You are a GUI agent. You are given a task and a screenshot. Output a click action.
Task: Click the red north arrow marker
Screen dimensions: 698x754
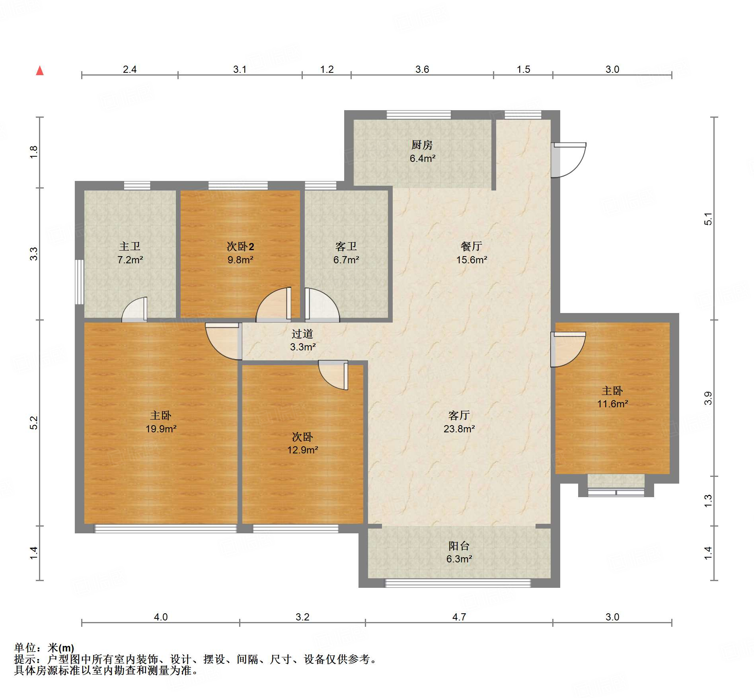pyautogui.click(x=40, y=71)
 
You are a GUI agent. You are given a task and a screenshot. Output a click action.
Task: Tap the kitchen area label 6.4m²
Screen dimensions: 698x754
pyautogui.click(x=422, y=158)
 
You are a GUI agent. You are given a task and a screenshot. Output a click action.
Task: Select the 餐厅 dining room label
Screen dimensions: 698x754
pyautogui.click(x=471, y=246)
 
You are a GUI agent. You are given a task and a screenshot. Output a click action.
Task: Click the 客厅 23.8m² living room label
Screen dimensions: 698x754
pyautogui.click(x=459, y=422)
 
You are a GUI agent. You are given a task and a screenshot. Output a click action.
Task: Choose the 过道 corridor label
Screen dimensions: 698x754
pyautogui.click(x=302, y=334)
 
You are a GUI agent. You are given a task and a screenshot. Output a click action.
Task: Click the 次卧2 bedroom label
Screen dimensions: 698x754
pyautogui.click(x=240, y=247)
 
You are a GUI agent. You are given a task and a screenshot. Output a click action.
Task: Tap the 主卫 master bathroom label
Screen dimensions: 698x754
pyautogui.click(x=130, y=247)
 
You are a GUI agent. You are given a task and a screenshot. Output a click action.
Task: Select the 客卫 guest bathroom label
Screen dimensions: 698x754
pyautogui.click(x=346, y=247)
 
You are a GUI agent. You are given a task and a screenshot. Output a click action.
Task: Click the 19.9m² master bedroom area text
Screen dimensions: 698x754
pyautogui.click(x=161, y=429)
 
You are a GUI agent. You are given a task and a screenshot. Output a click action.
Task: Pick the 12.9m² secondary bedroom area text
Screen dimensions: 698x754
pyautogui.click(x=302, y=450)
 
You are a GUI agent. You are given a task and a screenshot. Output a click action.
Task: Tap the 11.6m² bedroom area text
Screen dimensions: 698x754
pyautogui.click(x=612, y=404)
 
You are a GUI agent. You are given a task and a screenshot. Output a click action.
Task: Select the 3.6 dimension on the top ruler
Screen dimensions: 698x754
pyautogui.click(x=422, y=69)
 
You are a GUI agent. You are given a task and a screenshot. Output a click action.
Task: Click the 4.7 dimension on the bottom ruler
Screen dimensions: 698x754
pyautogui.click(x=459, y=617)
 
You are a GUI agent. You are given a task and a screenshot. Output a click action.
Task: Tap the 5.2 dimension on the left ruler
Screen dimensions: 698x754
pyautogui.click(x=34, y=422)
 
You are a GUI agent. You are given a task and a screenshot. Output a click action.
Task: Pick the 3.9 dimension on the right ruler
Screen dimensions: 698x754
pyautogui.click(x=708, y=398)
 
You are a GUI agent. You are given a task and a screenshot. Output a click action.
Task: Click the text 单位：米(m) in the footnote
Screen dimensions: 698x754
pyautogui.click(x=44, y=648)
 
